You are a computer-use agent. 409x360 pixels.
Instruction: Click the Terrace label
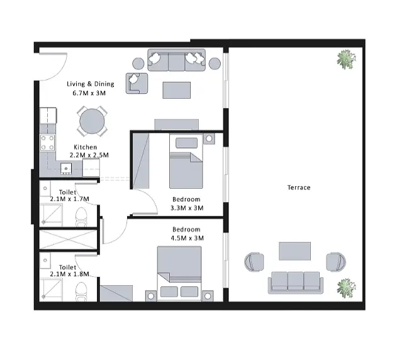299,188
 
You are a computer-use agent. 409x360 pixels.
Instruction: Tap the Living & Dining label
90,84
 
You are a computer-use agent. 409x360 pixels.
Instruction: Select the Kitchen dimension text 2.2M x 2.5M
89,155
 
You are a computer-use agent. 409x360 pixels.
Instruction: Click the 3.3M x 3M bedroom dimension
187,208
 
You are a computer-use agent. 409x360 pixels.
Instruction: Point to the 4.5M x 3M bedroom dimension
187,238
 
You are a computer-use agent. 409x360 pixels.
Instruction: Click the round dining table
92,121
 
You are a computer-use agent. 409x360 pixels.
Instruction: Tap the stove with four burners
47,143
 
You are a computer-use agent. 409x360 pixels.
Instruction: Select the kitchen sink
66,169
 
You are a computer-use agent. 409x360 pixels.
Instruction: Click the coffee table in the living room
177,90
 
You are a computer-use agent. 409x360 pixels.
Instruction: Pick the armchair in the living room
137,83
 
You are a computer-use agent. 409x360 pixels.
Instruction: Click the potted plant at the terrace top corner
346,60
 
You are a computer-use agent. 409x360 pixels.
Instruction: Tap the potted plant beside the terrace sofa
346,288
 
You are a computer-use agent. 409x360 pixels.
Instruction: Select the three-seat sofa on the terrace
296,283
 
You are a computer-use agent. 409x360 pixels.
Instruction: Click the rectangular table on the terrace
294,251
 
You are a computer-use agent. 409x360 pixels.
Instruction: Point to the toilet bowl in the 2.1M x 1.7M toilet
81,217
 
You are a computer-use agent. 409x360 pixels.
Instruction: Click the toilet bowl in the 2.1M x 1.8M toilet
81,291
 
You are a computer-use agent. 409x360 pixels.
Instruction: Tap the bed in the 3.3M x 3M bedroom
186,161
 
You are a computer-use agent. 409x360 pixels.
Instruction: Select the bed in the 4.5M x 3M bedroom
179,274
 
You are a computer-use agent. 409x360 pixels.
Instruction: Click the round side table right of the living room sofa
215,64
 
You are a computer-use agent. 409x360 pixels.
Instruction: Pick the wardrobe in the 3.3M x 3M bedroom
141,160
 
